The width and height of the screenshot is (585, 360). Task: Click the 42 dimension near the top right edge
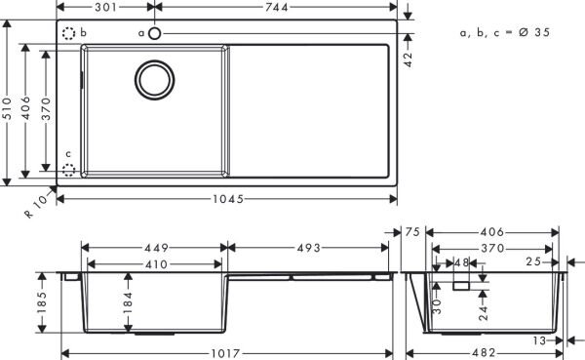[409, 58]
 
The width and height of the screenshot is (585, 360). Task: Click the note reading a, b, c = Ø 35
[505, 32]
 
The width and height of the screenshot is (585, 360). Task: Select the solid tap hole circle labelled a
[154, 33]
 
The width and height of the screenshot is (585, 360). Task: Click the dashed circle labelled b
[69, 33]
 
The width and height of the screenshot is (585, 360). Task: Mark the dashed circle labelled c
[68, 170]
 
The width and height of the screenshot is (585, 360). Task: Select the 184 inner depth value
[128, 304]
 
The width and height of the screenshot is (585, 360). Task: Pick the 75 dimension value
[410, 232]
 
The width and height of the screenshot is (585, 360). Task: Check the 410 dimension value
[156, 263]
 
